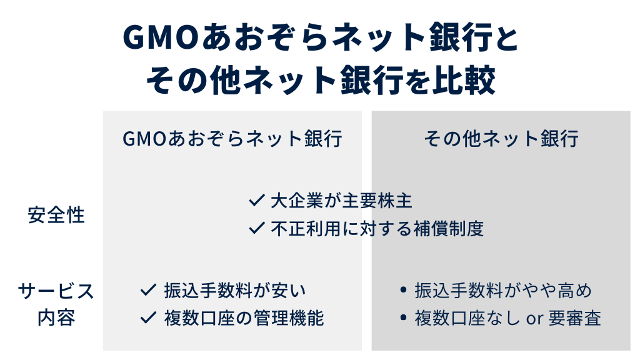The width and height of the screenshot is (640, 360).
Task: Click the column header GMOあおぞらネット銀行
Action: coord(232,138)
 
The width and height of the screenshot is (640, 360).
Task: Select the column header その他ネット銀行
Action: coord(501,138)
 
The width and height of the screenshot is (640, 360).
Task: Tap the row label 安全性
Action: coord(56,216)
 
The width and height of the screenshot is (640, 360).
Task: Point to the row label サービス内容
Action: coord(56,304)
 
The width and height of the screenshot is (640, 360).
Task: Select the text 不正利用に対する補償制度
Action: coord(377,229)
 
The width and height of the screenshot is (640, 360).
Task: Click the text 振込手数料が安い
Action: coord(236,291)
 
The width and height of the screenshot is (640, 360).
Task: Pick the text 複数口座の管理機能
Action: coord(244,318)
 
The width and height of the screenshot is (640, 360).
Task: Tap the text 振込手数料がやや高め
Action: coord(503,291)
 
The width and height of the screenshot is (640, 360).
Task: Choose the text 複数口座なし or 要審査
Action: coord(508,319)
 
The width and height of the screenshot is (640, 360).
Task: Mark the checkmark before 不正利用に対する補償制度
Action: coord(257,229)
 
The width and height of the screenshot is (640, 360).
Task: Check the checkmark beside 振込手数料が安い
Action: coord(148,290)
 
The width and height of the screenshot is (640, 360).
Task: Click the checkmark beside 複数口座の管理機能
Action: coord(148,318)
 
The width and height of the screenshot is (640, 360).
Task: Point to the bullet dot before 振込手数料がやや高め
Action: coord(403,291)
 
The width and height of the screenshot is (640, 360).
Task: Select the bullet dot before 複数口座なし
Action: coord(403,319)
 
